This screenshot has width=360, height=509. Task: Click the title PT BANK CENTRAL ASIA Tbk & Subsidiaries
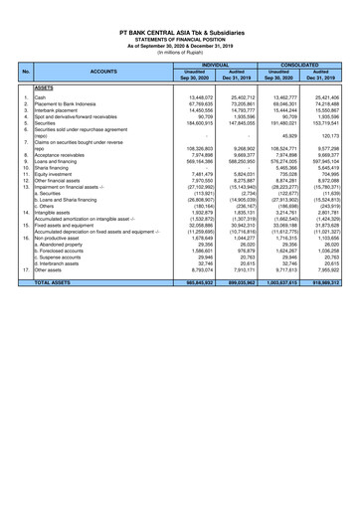(181, 33)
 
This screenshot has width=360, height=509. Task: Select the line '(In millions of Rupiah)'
(181, 52)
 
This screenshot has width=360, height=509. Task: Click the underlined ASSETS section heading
(44, 87)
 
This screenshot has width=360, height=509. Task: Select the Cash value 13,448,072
(203, 98)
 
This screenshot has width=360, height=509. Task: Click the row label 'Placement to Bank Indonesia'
(75, 104)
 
